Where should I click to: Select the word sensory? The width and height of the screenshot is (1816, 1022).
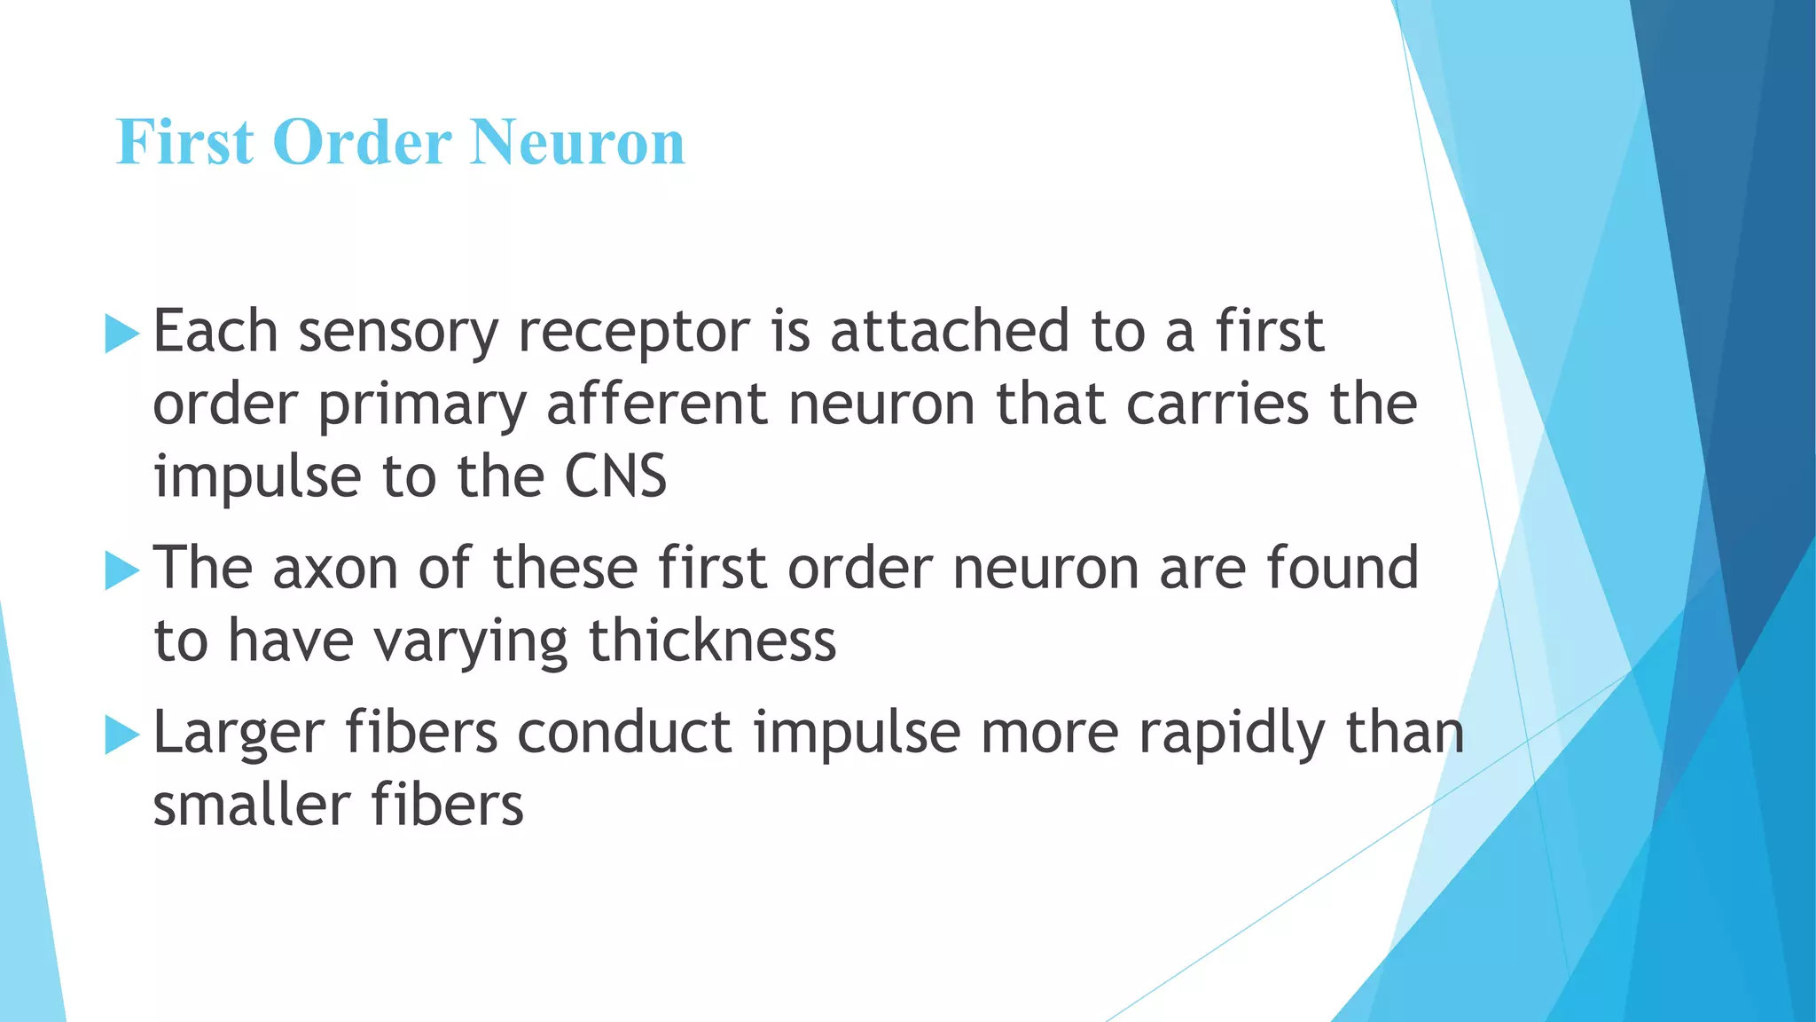[398, 333]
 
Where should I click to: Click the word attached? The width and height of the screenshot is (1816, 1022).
[950, 331]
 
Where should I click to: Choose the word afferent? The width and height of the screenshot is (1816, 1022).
[656, 405]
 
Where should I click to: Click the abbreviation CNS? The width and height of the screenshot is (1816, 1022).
[615, 477]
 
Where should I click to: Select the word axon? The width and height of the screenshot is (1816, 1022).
[335, 569]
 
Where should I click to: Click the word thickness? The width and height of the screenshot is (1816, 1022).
[712, 641]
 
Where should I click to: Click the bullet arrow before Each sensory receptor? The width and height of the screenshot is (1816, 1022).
[122, 334]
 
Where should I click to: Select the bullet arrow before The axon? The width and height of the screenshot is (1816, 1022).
[122, 570]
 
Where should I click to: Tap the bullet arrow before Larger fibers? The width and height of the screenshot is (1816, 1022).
[122, 735]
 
